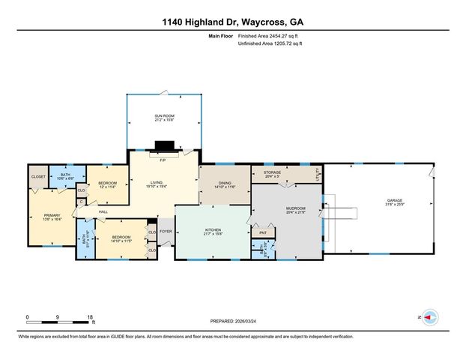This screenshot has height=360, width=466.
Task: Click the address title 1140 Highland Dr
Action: (232, 22)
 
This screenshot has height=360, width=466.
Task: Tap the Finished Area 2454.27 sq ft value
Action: (270, 36)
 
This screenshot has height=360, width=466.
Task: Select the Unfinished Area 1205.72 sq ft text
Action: (270, 43)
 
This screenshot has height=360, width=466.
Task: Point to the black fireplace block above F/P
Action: (163, 146)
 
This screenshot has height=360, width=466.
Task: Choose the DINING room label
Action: (226, 184)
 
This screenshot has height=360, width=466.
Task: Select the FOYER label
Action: (166, 232)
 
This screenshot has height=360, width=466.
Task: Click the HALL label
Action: (103, 211)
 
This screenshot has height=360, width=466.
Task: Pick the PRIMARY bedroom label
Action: (41, 216)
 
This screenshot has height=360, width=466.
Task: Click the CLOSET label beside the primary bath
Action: (38, 177)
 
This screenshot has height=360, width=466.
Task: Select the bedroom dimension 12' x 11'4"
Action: (108, 187)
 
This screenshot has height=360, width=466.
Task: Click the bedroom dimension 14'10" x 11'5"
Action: (121, 241)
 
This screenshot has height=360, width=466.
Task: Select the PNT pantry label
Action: (262, 233)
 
